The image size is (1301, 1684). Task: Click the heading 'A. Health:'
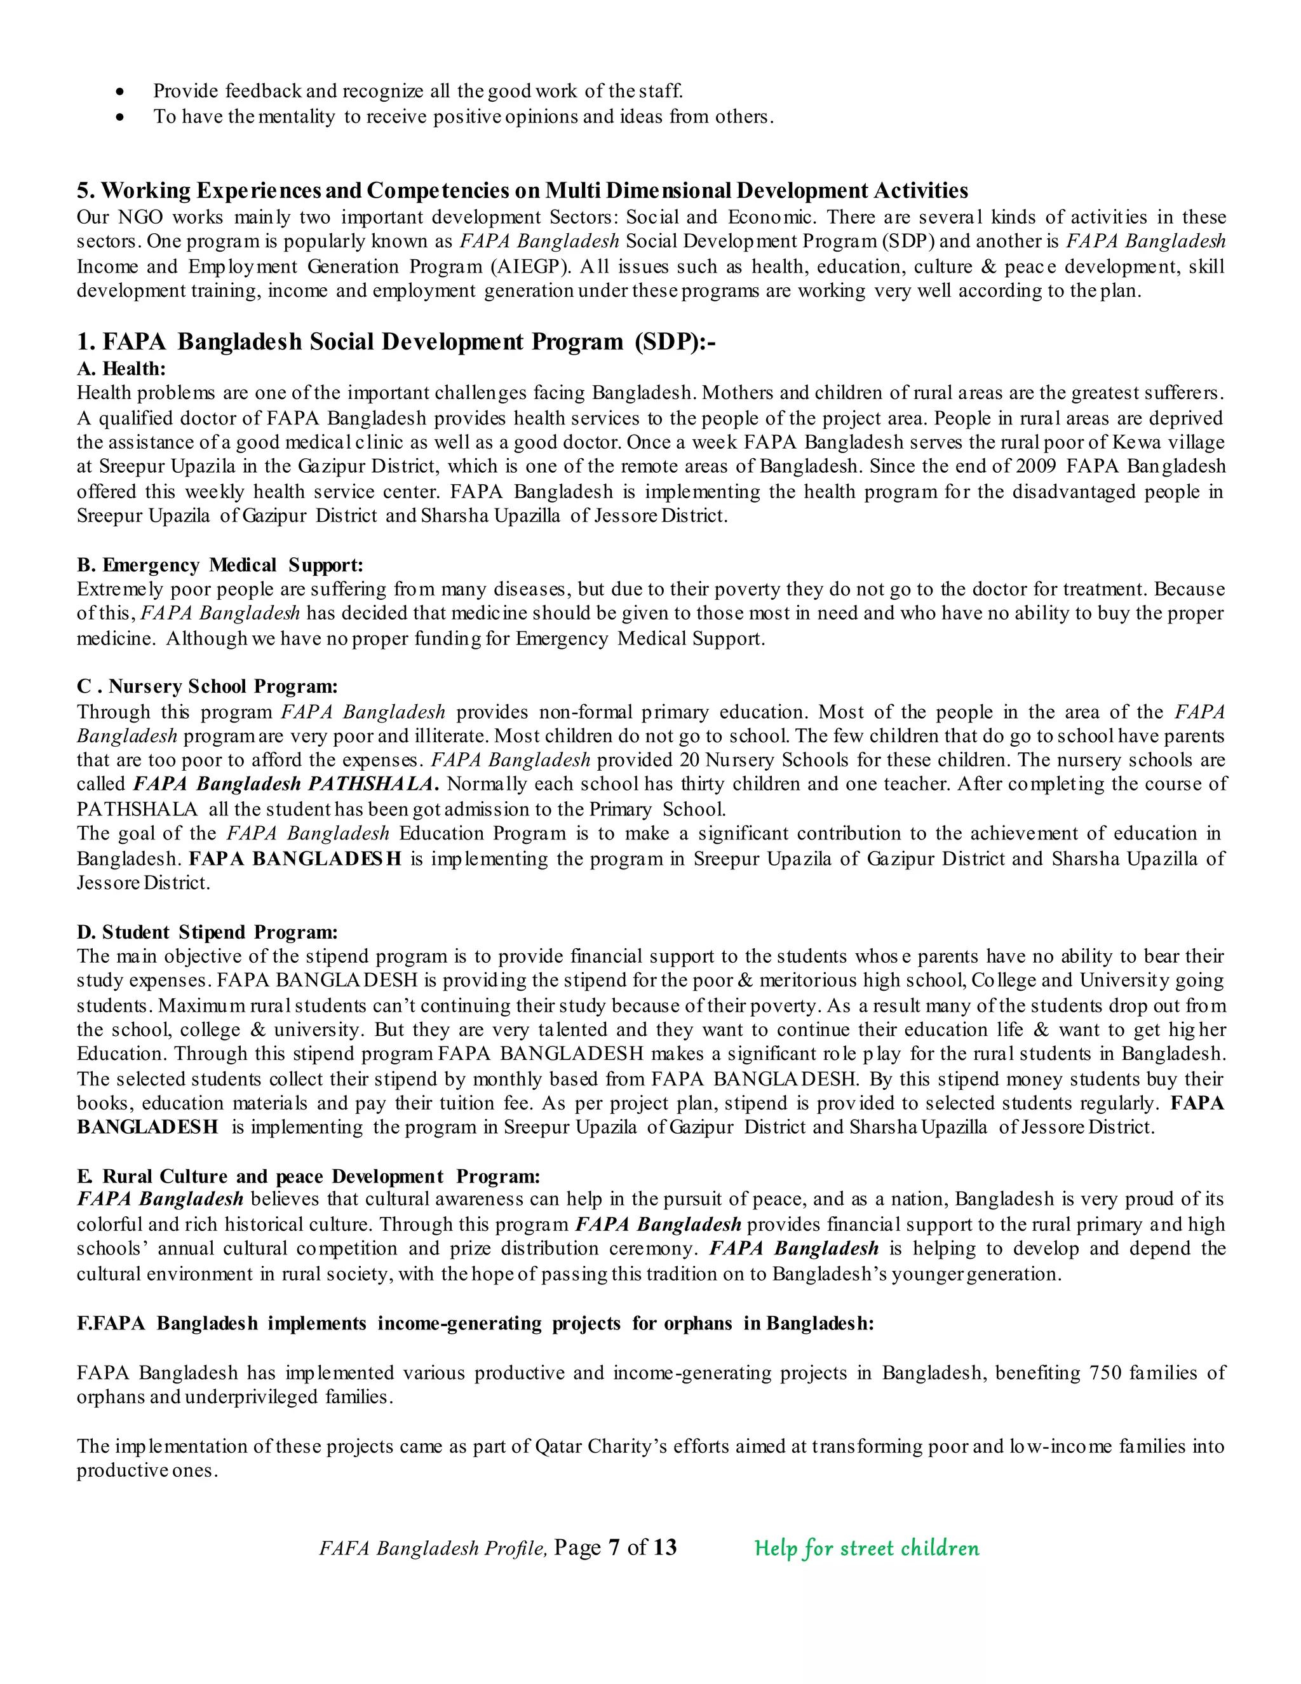(121, 369)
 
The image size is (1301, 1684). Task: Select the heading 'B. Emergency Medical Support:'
(220, 565)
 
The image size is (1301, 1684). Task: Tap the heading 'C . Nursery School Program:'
(206, 686)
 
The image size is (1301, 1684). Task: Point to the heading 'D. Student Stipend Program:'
(206, 932)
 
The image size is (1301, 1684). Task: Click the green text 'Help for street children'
(866, 1547)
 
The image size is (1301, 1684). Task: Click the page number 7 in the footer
(614, 1547)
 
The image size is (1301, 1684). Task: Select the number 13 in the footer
(664, 1547)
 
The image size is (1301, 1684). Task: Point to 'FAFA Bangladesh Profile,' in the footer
(433, 1548)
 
